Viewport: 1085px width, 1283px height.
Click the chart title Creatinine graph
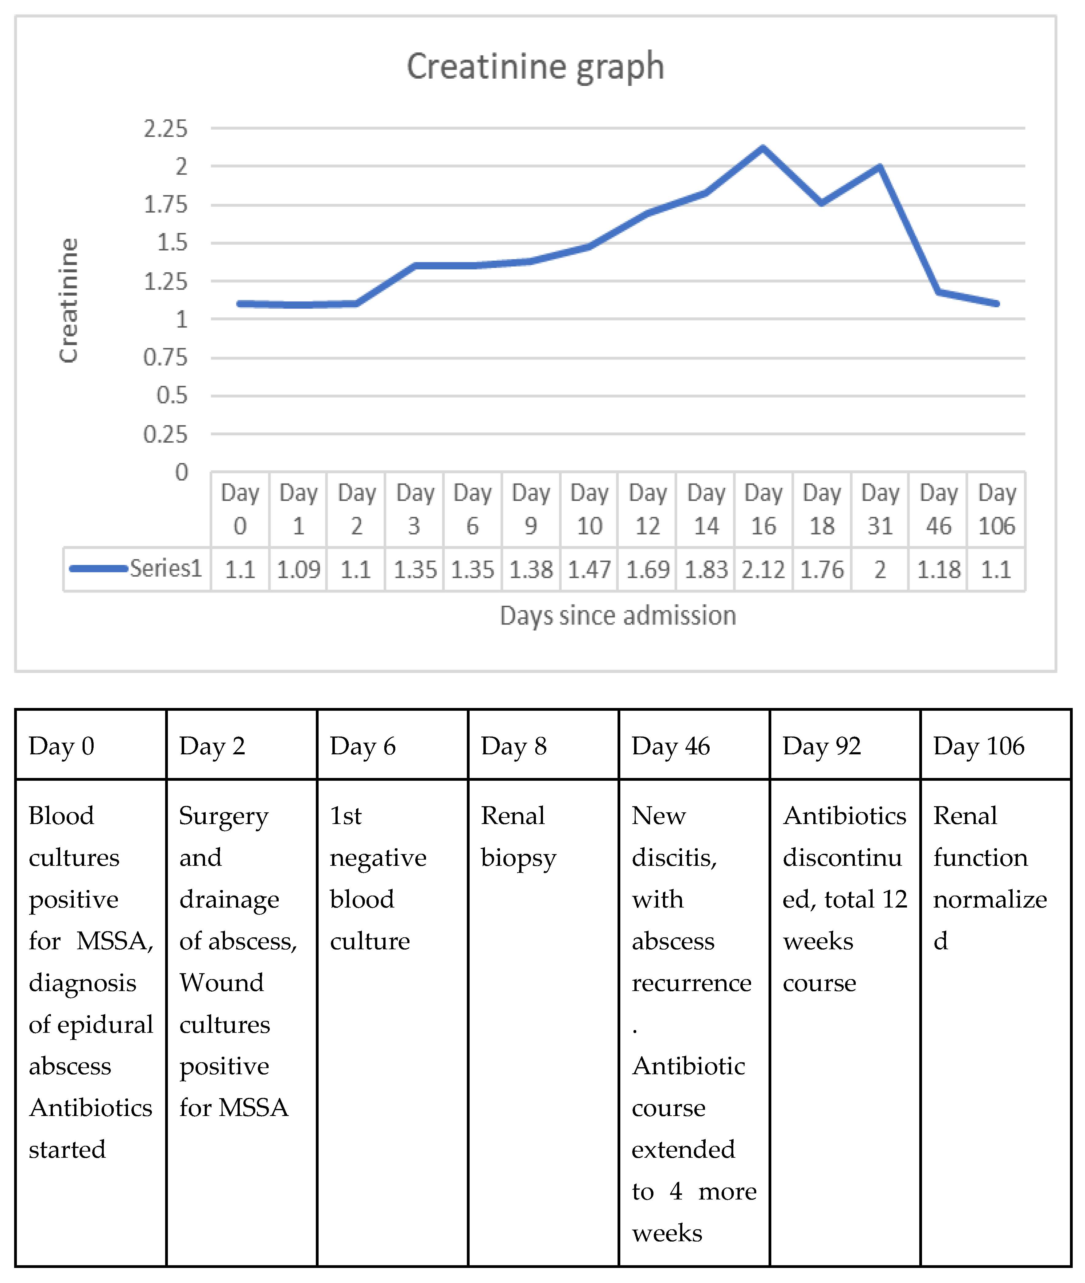coord(535,66)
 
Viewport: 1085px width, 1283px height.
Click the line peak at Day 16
coord(763,148)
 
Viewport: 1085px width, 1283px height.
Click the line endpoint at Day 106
coord(996,303)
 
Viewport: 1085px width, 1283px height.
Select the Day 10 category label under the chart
coord(589,510)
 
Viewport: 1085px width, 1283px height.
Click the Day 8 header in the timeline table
coord(513,746)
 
